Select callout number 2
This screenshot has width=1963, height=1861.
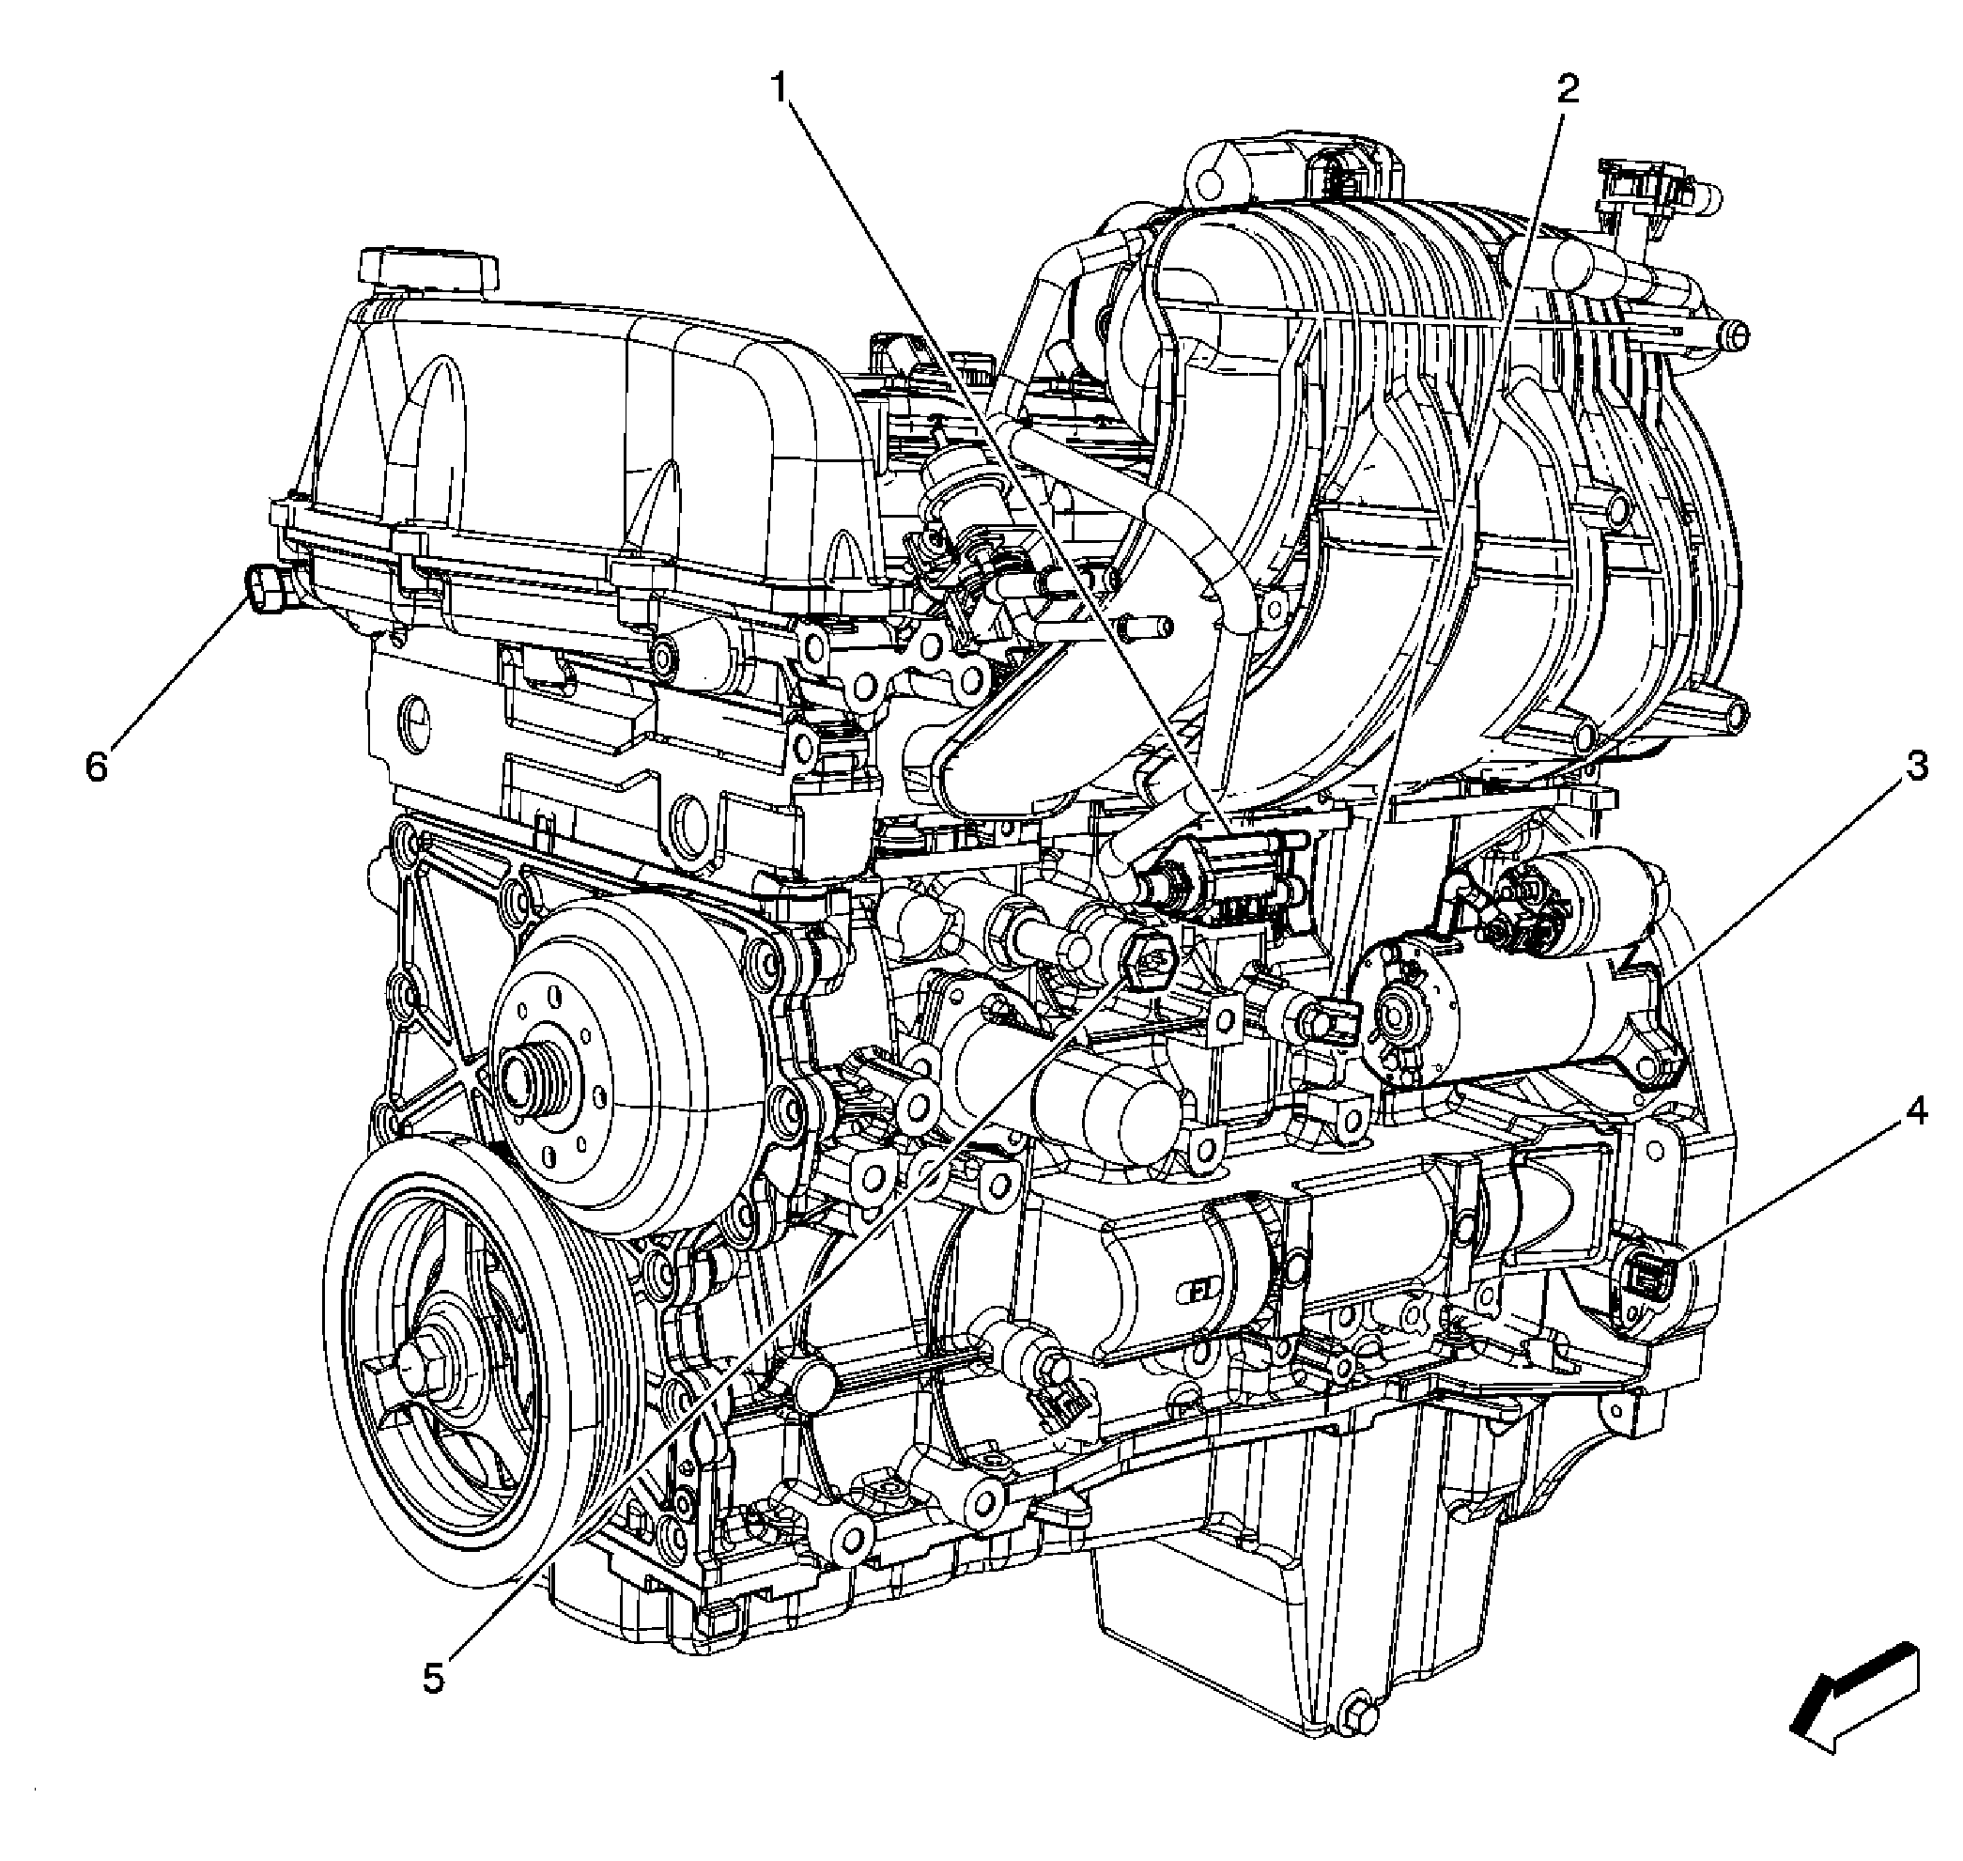(1567, 90)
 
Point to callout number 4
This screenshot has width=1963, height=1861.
(1916, 1112)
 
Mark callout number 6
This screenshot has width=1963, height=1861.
(96, 767)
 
